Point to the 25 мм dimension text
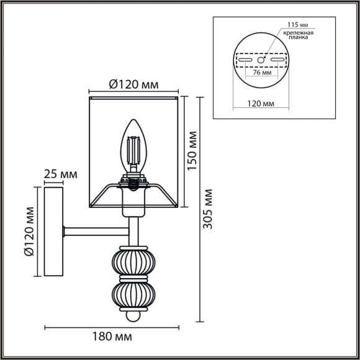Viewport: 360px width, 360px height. [60, 173]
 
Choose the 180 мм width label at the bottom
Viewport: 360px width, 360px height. [115, 337]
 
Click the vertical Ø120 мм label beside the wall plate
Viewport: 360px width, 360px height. [27, 232]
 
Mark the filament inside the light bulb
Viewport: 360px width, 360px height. [133, 149]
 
